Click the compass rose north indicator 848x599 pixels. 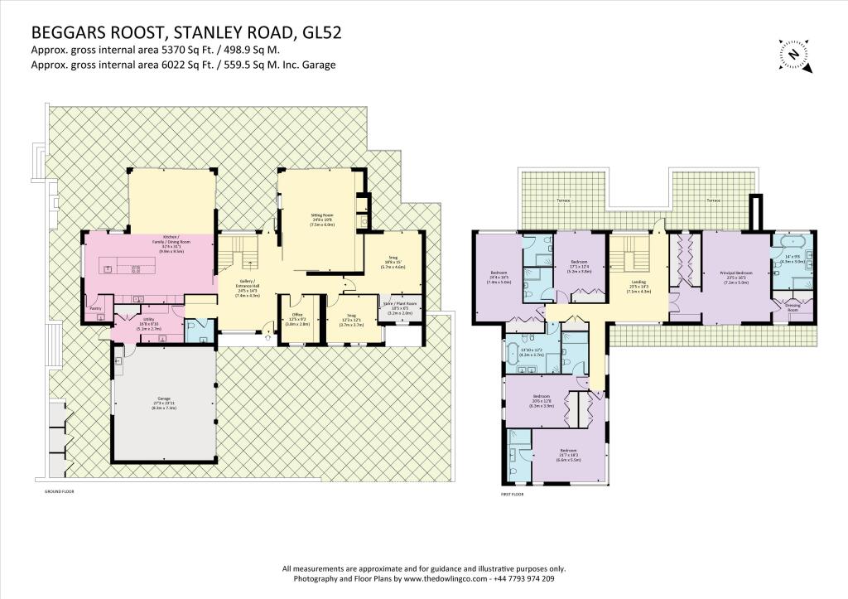point(793,54)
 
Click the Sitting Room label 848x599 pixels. point(320,220)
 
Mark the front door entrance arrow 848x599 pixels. point(267,338)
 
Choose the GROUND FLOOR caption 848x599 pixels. point(62,490)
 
